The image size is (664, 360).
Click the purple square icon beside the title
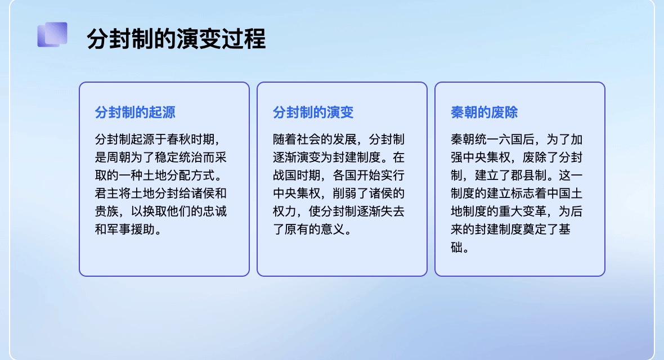coord(52,34)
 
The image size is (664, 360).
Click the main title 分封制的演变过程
coord(176,39)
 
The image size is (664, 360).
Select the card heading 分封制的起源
coord(135,112)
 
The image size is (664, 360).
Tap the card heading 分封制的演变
coord(313,112)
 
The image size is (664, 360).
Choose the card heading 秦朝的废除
coord(484,112)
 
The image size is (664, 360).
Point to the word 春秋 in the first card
coord(179,139)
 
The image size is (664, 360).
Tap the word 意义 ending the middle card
coord(333,229)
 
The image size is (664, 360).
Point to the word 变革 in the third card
coord(535,211)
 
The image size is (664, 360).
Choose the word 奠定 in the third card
coord(535,229)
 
